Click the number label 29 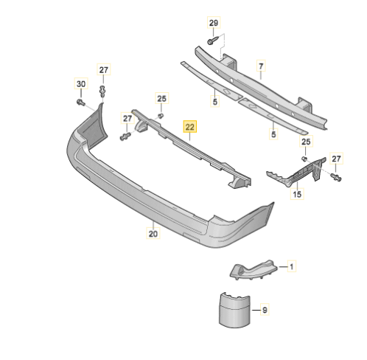(214, 23)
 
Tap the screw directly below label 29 (213, 41)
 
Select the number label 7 (261, 66)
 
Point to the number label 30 (81, 84)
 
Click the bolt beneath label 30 (81, 102)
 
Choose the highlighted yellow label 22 (190, 127)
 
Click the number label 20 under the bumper (153, 233)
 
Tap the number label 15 (297, 194)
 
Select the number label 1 (292, 266)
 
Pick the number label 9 (265, 310)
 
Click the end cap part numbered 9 (235, 310)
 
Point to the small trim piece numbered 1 (253, 270)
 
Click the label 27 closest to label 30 (103, 70)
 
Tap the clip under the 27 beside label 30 (102, 91)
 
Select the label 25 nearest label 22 (161, 99)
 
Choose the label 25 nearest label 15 (306, 142)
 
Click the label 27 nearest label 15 (336, 159)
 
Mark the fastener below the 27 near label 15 (336, 177)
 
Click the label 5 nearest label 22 (215, 101)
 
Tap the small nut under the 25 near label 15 (304, 159)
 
